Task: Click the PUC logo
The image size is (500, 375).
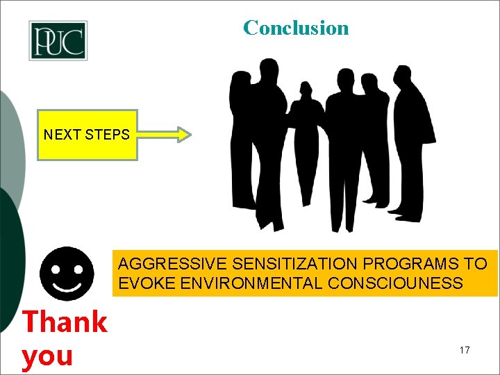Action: click(x=58, y=40)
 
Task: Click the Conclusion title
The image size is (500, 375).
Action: click(x=296, y=28)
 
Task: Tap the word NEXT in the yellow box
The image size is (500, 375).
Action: click(x=62, y=135)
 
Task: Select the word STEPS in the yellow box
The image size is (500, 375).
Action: click(x=107, y=135)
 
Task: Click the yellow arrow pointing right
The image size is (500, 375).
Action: click(x=164, y=135)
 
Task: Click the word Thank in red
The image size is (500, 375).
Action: click(x=65, y=322)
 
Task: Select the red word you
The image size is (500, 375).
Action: click(x=47, y=356)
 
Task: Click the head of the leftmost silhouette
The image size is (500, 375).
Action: click(x=242, y=81)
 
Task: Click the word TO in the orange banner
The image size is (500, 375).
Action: click(x=476, y=264)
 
